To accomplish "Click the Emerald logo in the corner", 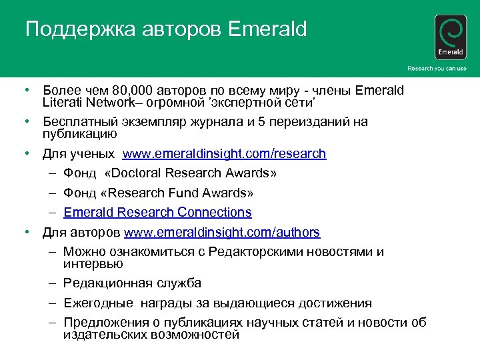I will click(451, 37).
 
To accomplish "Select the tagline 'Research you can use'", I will click(437, 69).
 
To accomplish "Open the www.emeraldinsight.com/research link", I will click(224, 154).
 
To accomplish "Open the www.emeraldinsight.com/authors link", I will click(221, 233).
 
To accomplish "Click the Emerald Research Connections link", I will click(157, 213).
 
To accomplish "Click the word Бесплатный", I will click(80, 122).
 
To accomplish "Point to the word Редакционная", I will click(107, 283).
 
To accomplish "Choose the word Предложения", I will click(106, 323).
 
